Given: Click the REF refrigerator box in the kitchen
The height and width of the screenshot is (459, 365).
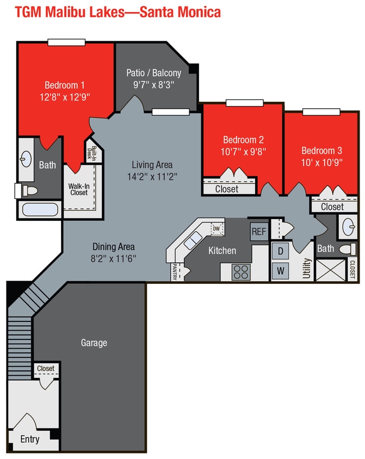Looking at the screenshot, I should point(259,231).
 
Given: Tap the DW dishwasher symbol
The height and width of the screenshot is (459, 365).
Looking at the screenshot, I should point(217,228).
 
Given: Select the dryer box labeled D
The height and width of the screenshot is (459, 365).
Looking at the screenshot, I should point(280,251).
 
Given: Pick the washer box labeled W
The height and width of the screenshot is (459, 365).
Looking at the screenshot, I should point(280,270).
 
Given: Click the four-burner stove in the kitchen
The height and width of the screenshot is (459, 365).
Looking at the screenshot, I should point(241,271).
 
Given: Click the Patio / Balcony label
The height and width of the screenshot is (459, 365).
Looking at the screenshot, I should point(154,72).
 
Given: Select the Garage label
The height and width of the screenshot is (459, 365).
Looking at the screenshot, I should point(94,343).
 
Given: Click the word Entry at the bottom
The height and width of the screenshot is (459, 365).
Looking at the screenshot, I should point(30,439).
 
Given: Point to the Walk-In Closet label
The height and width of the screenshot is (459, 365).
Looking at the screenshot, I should point(78,189).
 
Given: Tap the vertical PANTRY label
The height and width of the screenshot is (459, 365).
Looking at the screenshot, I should point(175,271).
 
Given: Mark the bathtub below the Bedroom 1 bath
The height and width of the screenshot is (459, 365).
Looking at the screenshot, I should point(39,209).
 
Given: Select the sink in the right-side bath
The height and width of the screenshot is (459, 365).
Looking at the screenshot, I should point(348,225).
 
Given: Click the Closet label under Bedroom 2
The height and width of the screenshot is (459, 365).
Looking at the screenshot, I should point(227,189).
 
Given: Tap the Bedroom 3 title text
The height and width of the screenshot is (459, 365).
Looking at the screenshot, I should point(321,151).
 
